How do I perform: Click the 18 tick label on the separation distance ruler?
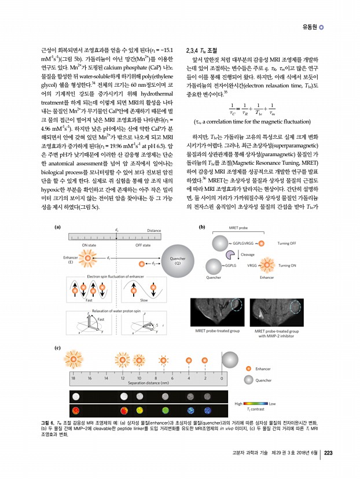pos(73,377)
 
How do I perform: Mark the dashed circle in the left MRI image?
pos(237,305)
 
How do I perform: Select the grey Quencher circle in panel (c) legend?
pos(249,380)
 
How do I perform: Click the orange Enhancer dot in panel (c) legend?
pos(249,368)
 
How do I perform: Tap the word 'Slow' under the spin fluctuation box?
pos(144,301)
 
